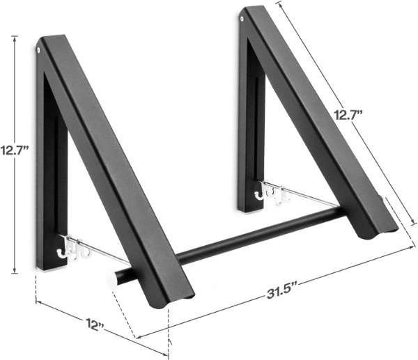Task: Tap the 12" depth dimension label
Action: click(x=95, y=324)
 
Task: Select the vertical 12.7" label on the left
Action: click(x=15, y=150)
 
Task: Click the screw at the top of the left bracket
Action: click(x=39, y=50)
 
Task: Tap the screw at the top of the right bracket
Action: click(x=242, y=19)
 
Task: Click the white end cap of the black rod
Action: click(x=111, y=279)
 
